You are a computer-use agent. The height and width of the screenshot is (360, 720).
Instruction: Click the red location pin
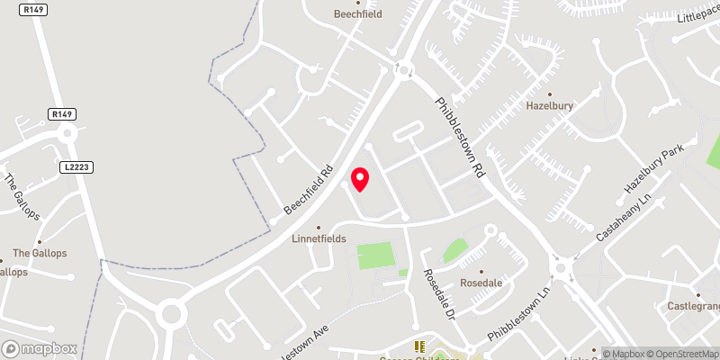[x=360, y=179]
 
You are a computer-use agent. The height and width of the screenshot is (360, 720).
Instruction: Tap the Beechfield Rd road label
[x=309, y=188]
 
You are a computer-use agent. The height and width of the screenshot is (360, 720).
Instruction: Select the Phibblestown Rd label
[x=461, y=137]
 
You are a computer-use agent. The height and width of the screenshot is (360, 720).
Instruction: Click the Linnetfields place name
[x=318, y=240]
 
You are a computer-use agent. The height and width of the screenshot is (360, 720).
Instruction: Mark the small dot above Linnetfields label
[x=318, y=228]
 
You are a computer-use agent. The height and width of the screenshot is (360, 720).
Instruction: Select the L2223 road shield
[x=78, y=167]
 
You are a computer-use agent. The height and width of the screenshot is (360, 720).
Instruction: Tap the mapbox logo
[x=38, y=348]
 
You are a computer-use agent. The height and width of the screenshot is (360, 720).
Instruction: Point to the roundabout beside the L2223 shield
[x=67, y=134]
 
